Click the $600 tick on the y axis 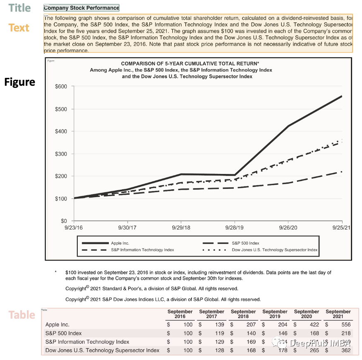coord(61,87)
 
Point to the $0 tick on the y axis coord(63,221)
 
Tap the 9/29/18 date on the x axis coord(181,228)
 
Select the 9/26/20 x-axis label coord(287,228)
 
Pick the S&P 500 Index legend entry coord(245,243)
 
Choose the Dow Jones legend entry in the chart coord(275,250)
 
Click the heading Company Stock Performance coord(82,8)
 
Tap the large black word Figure coord(19,82)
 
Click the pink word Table coord(22,315)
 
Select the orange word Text coord(19,28)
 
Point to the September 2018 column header coord(243,314)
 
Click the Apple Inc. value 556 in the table coord(346,325)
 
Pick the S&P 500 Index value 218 coord(346,333)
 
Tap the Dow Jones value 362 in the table coord(346,350)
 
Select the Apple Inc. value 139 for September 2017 coord(219,325)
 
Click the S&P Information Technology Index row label coord(87,342)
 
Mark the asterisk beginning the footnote coord(55,273)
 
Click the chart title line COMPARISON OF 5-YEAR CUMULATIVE coord(190,63)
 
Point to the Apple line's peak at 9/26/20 coord(288,126)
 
